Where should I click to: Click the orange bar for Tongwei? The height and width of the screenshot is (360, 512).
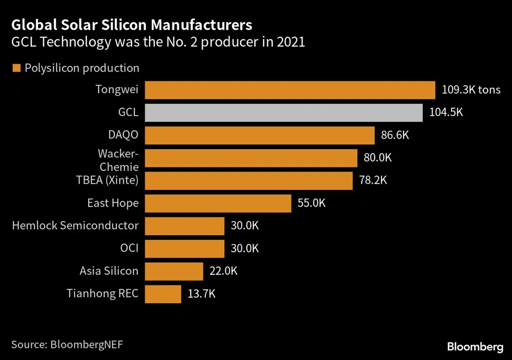[290, 90]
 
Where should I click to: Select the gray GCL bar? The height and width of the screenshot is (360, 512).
[284, 113]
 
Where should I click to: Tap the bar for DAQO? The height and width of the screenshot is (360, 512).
[260, 135]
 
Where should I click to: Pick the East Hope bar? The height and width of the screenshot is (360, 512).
[218, 203]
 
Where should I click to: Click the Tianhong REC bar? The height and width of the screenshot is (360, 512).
[163, 294]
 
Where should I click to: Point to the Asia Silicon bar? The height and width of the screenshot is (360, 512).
[174, 271]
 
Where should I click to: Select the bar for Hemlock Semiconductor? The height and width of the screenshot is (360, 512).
[185, 226]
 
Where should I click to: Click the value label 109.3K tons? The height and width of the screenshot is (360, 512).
[471, 90]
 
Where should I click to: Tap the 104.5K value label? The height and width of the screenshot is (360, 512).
[446, 113]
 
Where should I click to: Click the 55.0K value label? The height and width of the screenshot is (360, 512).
[311, 203]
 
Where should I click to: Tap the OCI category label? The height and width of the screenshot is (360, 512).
[129, 248]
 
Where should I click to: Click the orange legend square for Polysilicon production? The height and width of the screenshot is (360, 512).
[16, 68]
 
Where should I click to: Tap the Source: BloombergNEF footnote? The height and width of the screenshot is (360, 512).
[67, 344]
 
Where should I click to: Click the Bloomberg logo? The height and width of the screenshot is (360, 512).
[475, 347]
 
